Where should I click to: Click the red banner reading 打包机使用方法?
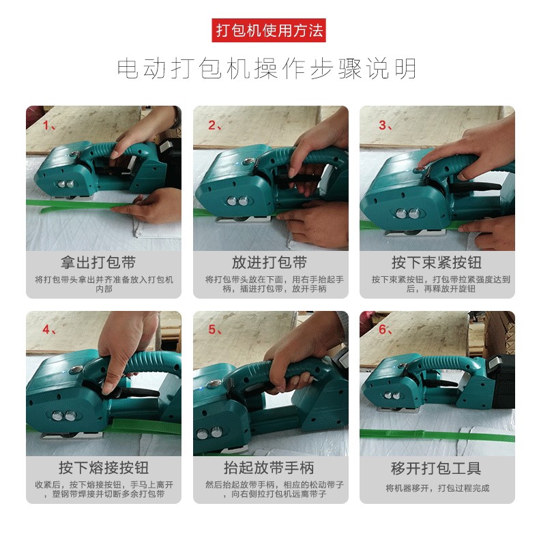coord(269,30)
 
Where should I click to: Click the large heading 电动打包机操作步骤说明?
coord(267,68)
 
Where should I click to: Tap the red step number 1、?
coord(49,125)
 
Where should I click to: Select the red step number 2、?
coord(215,125)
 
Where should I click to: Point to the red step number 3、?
coord(385,125)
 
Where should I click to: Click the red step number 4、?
coord(49,330)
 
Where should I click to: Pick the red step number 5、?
coord(215,330)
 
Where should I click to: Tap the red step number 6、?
coord(385,330)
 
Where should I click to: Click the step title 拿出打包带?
coord(98,263)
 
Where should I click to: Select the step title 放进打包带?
coord(269,263)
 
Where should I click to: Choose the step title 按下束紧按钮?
coord(437,263)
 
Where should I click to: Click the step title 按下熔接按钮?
coord(104,468)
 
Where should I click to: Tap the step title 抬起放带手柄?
coord(269,468)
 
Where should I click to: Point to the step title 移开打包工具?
coord(436,468)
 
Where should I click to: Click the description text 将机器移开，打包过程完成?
coord(437,488)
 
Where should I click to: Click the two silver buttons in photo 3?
coord(408,213)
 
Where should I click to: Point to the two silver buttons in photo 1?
coord(65,183)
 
